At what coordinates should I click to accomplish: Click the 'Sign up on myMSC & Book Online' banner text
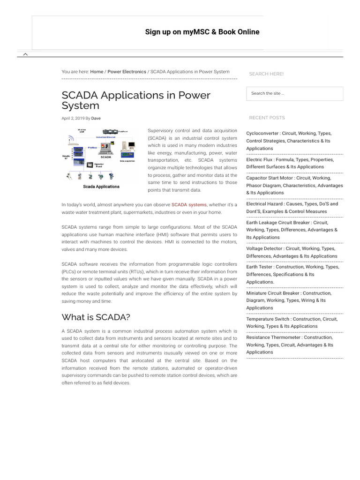click(202, 32)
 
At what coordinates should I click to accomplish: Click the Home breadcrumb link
click(97, 72)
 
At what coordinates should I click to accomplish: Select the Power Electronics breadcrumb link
click(127, 72)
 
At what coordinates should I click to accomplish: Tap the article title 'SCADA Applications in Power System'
click(136, 100)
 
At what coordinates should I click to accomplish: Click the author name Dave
click(96, 119)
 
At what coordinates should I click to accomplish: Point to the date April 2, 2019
click(73, 119)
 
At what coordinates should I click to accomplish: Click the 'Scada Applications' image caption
click(101, 187)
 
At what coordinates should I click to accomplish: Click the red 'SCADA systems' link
click(189, 205)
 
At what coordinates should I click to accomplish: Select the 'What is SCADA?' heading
click(96, 317)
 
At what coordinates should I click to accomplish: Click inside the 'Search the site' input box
click(294, 93)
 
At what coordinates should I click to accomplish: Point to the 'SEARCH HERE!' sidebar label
click(266, 74)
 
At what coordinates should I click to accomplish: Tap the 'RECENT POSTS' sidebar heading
click(267, 118)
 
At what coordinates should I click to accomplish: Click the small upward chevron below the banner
click(25, 54)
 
